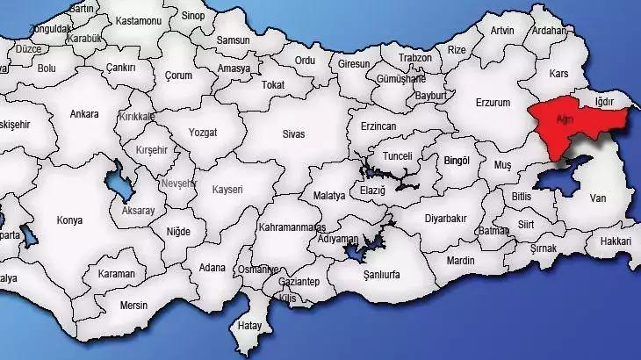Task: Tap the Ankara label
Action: (x=84, y=113)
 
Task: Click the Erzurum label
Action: (x=493, y=103)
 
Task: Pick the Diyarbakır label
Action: (x=447, y=218)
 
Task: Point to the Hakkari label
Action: (x=616, y=241)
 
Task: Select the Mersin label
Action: (x=134, y=306)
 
